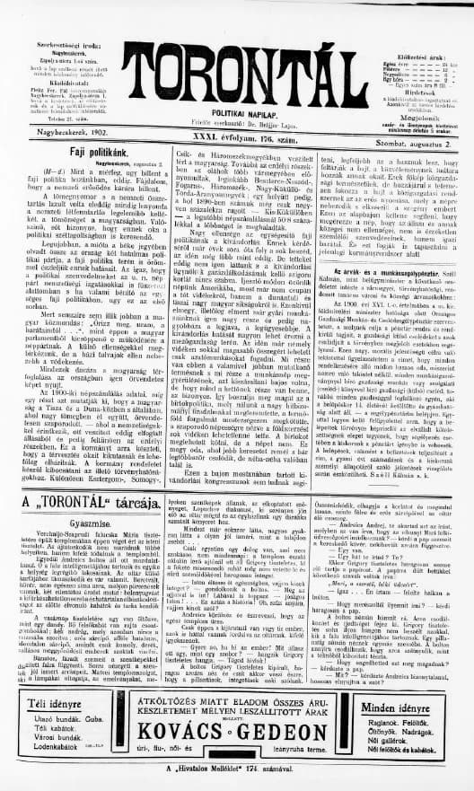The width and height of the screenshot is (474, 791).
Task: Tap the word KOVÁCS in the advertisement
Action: tap(194, 742)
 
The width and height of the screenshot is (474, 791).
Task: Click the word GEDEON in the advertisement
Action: tap(282, 742)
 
